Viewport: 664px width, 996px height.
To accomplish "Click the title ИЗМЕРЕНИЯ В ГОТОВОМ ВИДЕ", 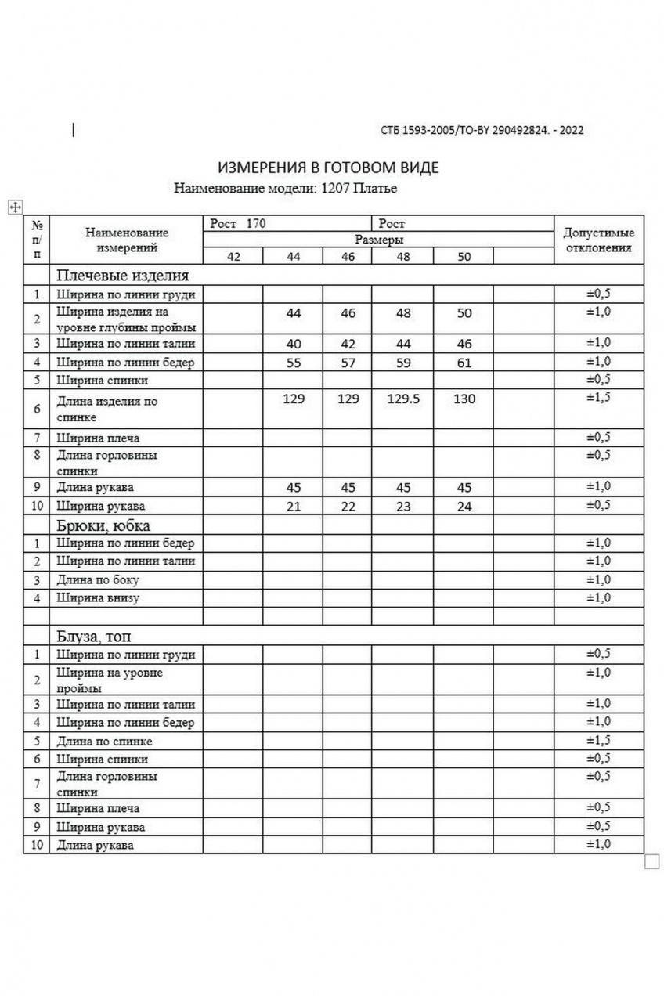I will point(328,168).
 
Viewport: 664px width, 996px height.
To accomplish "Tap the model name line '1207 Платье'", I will point(286,188).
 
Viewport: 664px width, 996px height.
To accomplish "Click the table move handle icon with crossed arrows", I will point(13,206).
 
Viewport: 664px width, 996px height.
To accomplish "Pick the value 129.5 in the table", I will point(403,399).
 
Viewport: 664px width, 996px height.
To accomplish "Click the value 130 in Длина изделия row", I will point(464,399).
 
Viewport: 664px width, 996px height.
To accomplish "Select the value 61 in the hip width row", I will point(464,362).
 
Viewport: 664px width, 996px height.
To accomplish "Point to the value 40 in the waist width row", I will point(294,343).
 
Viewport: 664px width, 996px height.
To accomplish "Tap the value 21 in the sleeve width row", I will point(294,506).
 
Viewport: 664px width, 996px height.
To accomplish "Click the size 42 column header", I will point(233,257).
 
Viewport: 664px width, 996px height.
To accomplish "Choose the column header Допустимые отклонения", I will point(599,240).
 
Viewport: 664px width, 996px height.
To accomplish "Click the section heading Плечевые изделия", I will point(122,276).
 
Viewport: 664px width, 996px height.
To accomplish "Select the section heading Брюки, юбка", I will point(103,525).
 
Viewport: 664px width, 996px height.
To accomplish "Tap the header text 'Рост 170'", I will point(239,224).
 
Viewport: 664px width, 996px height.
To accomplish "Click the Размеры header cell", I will point(379,240).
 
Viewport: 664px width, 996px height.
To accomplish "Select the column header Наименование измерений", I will point(127,240).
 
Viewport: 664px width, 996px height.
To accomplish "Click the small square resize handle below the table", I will point(651,861).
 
